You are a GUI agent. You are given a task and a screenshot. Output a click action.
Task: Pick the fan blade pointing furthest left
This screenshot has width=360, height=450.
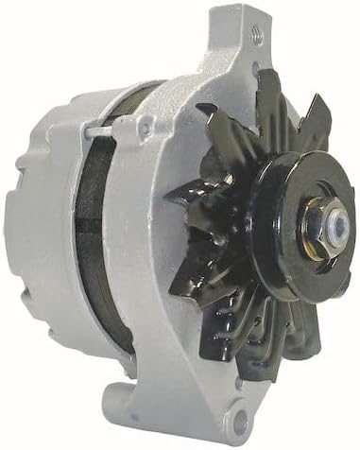click(180, 203)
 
